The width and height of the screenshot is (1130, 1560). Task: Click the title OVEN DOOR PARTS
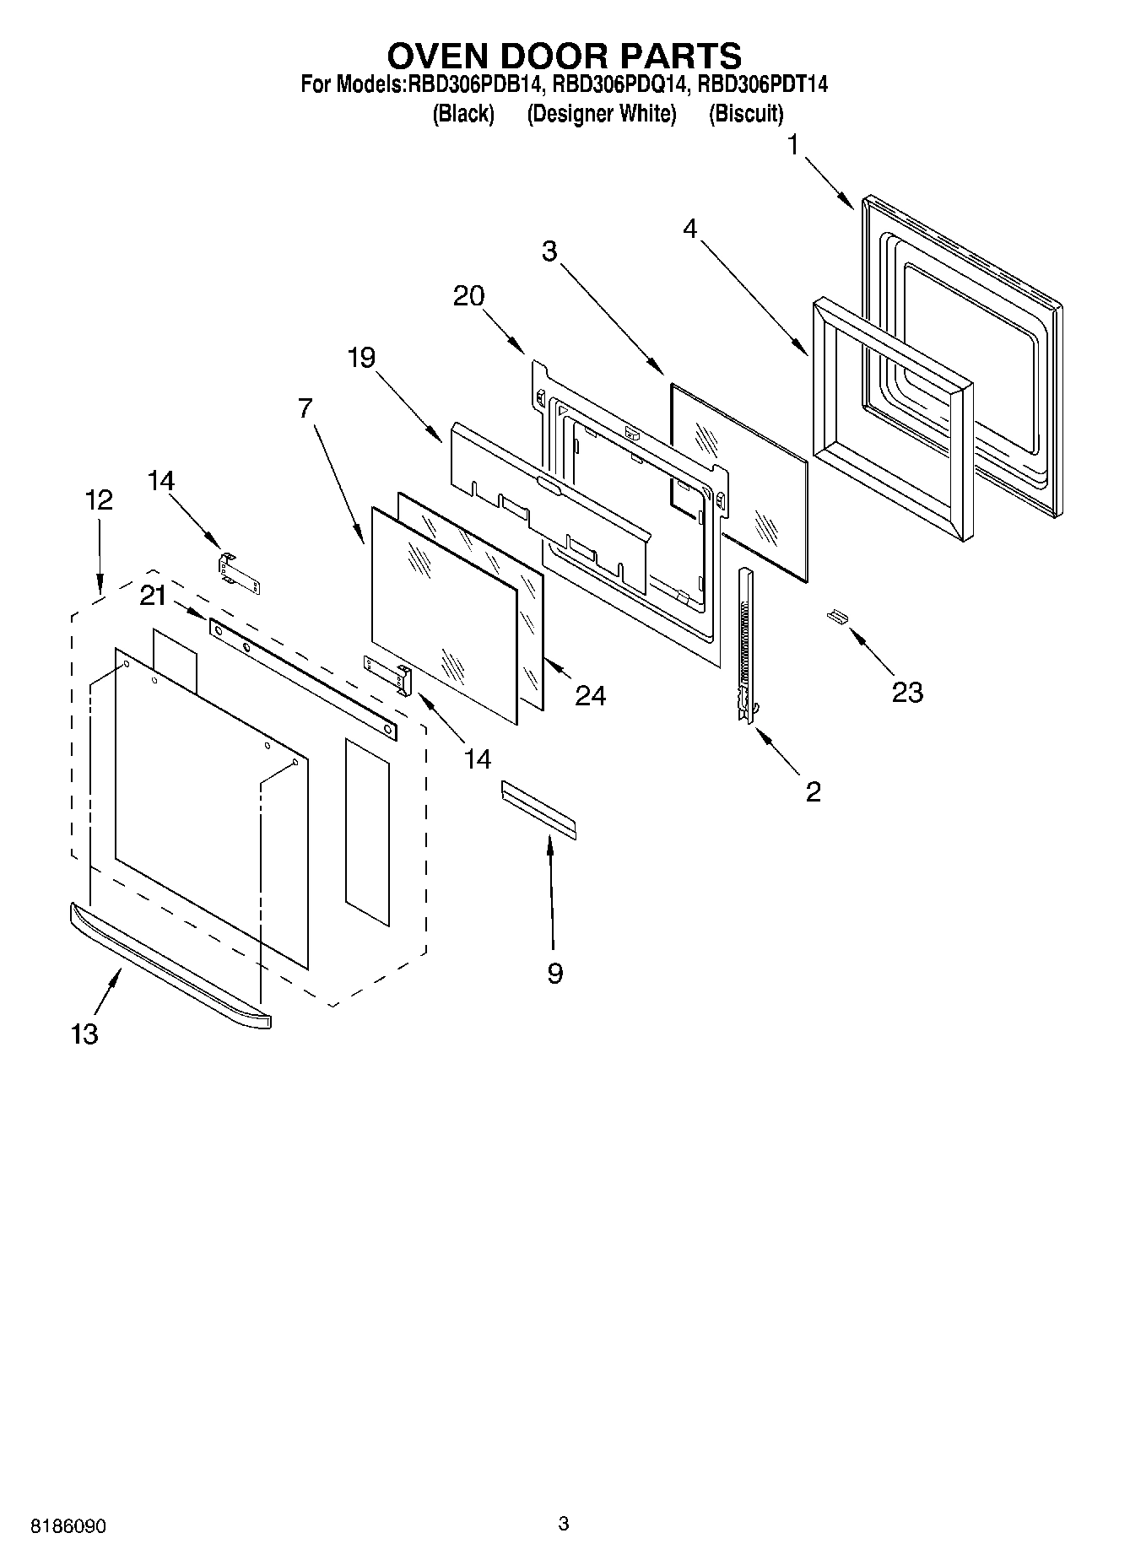pyautogui.click(x=564, y=56)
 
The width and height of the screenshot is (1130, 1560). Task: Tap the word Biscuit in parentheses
pyautogui.click(x=746, y=114)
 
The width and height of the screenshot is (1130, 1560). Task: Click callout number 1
pyautogui.click(x=793, y=145)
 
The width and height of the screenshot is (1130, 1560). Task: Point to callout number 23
pyautogui.click(x=907, y=693)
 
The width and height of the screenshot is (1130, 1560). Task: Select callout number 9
pyautogui.click(x=554, y=974)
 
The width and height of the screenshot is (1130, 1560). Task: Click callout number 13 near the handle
pyautogui.click(x=84, y=1034)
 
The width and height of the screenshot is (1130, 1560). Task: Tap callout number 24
pyautogui.click(x=590, y=695)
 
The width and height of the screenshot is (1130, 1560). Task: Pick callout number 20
pyautogui.click(x=469, y=296)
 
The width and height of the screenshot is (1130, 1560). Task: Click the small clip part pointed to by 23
pyautogui.click(x=837, y=617)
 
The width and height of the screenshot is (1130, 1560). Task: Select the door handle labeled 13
pyautogui.click(x=169, y=966)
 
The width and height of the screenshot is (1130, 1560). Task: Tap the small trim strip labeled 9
pyautogui.click(x=538, y=809)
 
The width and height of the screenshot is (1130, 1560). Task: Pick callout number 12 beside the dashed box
pyautogui.click(x=99, y=500)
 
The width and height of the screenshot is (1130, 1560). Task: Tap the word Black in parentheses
pyautogui.click(x=462, y=114)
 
